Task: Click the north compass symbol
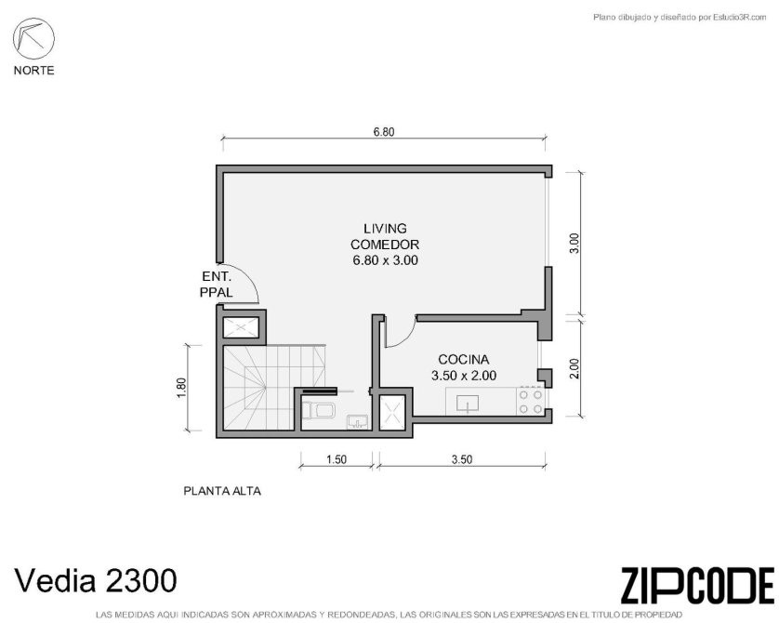point(33,39)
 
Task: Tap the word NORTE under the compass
point(33,71)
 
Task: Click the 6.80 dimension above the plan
point(384,132)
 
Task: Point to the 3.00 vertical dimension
point(574,243)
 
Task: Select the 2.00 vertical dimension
point(574,368)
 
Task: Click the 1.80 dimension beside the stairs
point(181,388)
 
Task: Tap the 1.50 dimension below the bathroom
point(337,459)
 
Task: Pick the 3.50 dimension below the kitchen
point(461,459)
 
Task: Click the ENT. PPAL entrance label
point(216,285)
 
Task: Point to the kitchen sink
point(467,404)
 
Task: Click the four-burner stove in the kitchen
point(530,402)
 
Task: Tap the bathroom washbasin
point(357,421)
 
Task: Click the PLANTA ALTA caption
point(222,491)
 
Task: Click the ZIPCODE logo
point(697,586)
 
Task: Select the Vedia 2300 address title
point(96,580)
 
